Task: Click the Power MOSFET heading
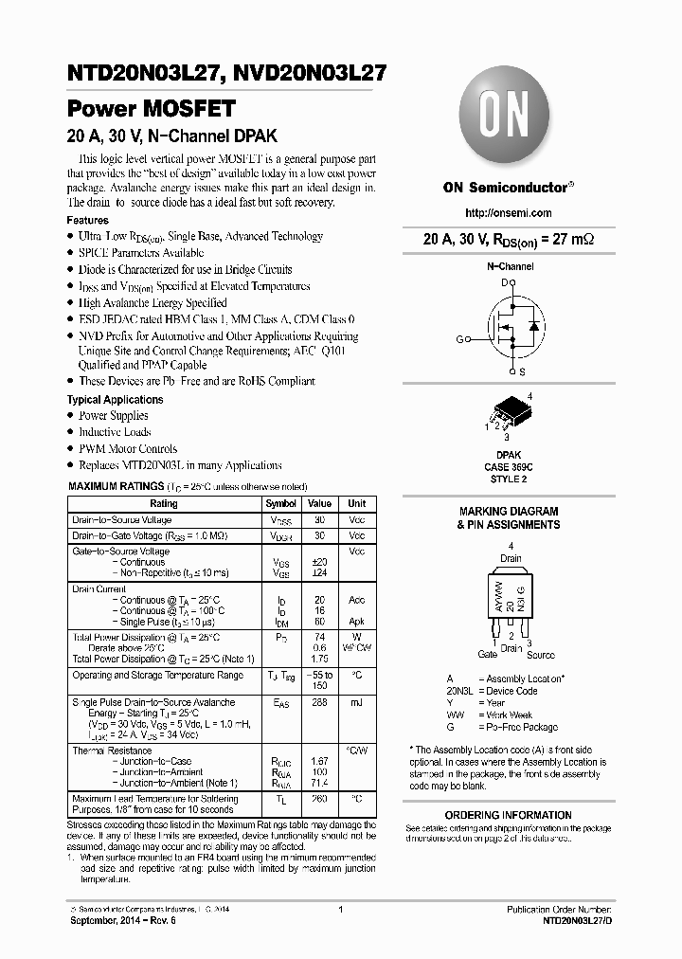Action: (x=151, y=108)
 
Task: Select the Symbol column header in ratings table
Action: (x=280, y=504)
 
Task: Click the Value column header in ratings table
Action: (x=319, y=504)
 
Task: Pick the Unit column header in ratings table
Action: (x=356, y=504)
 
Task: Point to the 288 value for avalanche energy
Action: (x=319, y=703)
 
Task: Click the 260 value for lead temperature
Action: (x=319, y=799)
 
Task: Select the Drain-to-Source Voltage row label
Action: (x=122, y=520)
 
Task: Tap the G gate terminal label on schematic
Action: (x=459, y=339)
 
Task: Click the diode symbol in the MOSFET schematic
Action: (x=531, y=326)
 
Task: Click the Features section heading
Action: (x=88, y=220)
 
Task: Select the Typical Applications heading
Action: (x=116, y=400)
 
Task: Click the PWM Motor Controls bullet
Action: (x=127, y=449)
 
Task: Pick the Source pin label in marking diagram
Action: (x=541, y=655)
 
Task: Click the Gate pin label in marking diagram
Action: (x=487, y=655)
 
